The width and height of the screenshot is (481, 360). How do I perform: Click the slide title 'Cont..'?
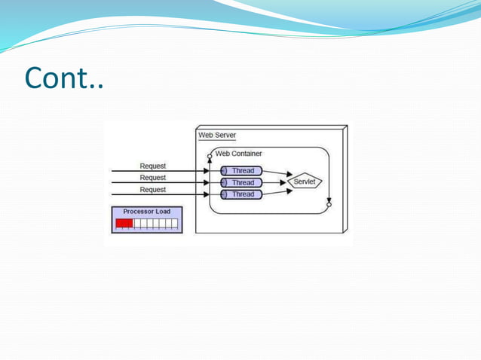(63, 77)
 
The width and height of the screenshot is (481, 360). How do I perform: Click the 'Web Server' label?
(217, 136)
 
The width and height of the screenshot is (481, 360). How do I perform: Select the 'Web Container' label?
(238, 154)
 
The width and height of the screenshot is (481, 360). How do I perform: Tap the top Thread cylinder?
(241, 171)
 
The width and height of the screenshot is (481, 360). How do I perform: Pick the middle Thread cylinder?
(241, 182)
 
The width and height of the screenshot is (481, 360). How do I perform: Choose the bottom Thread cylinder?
(241, 194)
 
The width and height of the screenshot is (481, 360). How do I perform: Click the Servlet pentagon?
(305, 182)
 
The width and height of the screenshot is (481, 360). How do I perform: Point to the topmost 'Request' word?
(153, 166)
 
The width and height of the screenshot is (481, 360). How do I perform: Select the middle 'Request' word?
(153, 178)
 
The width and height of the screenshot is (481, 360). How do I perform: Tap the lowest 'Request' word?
(153, 190)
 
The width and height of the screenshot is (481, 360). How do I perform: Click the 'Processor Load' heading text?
(147, 212)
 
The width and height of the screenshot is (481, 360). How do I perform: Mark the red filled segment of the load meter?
(124, 224)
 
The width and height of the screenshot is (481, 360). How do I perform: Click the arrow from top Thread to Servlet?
(277, 173)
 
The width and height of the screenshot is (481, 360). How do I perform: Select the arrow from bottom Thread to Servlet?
(277, 191)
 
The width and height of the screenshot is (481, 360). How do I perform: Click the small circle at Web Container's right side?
(329, 204)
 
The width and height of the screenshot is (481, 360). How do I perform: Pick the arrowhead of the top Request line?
(207, 171)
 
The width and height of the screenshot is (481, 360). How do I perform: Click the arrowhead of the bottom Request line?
(207, 194)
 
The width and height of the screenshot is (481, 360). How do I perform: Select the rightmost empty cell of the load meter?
(174, 224)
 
